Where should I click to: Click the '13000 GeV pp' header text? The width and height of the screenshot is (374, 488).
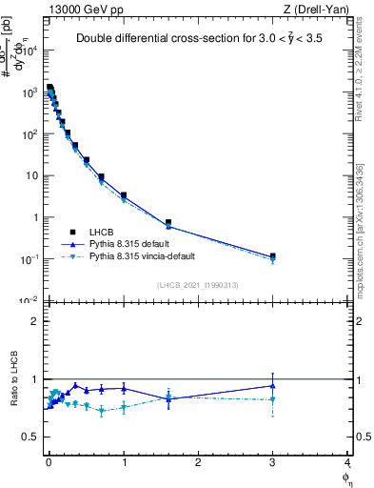(x=82, y=9)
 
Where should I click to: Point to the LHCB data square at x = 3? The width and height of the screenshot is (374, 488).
(x=273, y=255)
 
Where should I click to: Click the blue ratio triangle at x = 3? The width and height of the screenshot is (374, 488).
(x=273, y=386)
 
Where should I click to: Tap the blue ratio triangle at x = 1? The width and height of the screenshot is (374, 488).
(x=124, y=388)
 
